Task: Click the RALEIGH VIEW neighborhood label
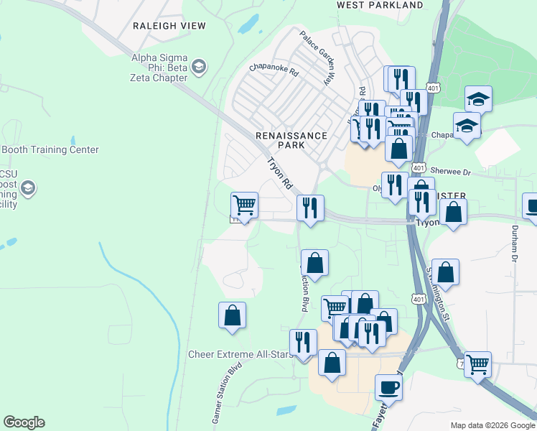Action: pyautogui.click(x=169, y=26)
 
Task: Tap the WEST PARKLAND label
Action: pyautogui.click(x=380, y=5)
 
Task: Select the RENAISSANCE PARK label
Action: pyautogui.click(x=291, y=140)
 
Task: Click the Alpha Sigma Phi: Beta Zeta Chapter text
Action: pyautogui.click(x=159, y=68)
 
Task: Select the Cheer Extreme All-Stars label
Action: pyautogui.click(x=237, y=354)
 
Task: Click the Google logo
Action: pyautogui.click(x=24, y=422)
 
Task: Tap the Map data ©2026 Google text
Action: pyautogui.click(x=492, y=425)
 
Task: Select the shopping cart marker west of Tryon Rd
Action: pyautogui.click(x=244, y=205)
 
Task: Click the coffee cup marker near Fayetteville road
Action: pyautogui.click(x=388, y=387)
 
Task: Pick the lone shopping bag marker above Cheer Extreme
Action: pyautogui.click(x=232, y=315)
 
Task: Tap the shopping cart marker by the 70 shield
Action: pyautogui.click(x=477, y=363)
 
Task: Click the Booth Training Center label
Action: pyautogui.click(x=50, y=150)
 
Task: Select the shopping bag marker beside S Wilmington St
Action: pyautogui.click(x=445, y=272)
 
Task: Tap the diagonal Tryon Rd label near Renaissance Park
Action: pyautogui.click(x=280, y=174)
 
